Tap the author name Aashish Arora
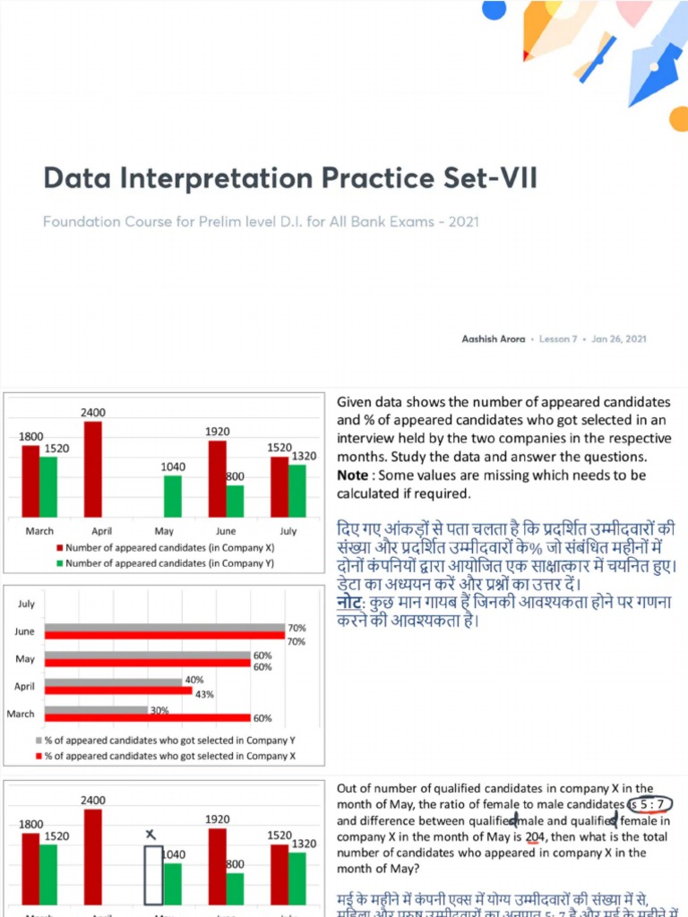(x=494, y=339)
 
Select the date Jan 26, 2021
(x=619, y=339)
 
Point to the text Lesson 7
(x=558, y=339)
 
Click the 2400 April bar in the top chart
(x=92, y=468)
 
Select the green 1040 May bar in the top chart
(x=172, y=495)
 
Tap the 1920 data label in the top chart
(x=217, y=432)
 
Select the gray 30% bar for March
(x=96, y=709)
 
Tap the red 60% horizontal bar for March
(x=147, y=717)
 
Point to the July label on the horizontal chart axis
(x=26, y=604)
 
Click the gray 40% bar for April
(x=113, y=682)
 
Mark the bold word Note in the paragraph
(x=352, y=475)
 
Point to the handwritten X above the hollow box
(x=151, y=836)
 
